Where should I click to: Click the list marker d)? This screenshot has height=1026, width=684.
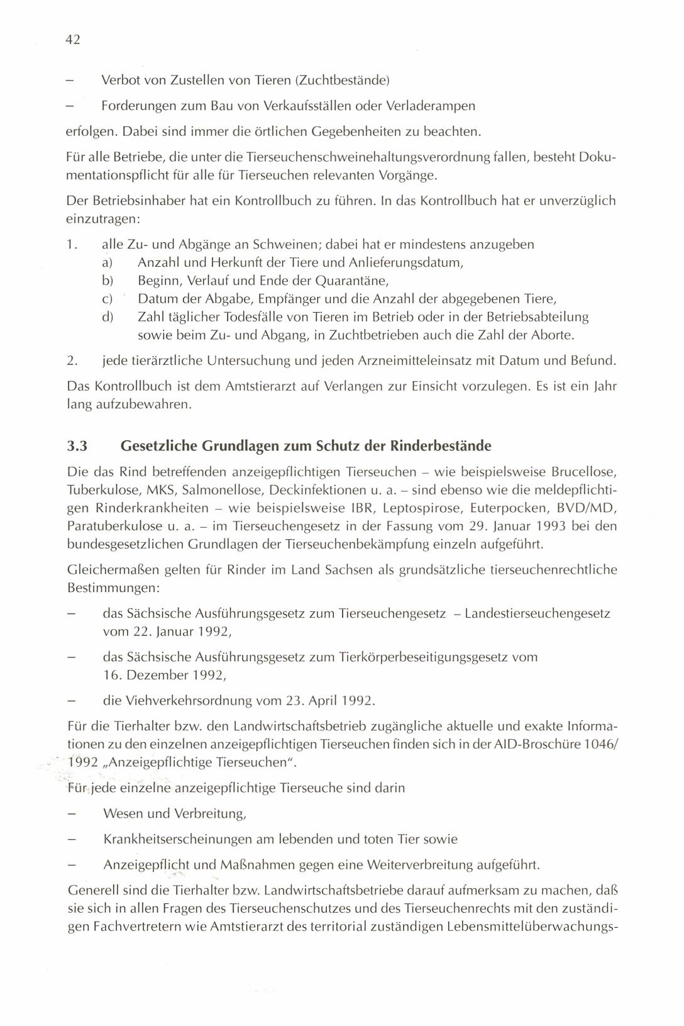click(107, 317)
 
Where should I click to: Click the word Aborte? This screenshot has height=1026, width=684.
click(552, 335)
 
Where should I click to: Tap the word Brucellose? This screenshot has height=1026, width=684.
click(583, 472)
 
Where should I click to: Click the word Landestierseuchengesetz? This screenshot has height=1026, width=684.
click(538, 613)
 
